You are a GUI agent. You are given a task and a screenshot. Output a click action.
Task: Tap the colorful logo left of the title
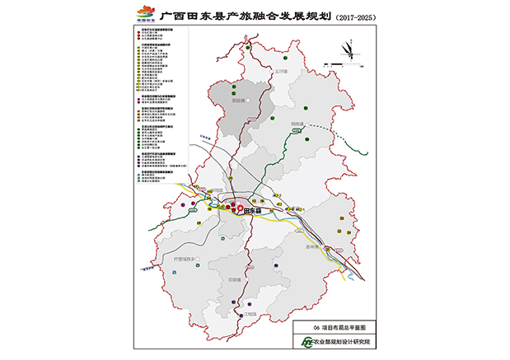pos(145,14)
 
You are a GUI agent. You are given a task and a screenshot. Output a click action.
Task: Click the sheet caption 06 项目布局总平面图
pos(330,327)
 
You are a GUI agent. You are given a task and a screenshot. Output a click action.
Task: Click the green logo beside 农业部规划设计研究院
pos(306,342)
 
